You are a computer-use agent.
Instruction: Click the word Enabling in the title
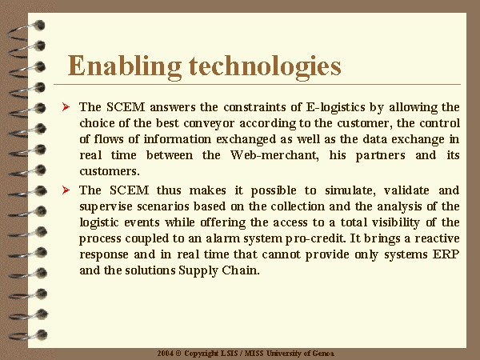pos(124,66)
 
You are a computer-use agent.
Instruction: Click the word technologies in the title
pos(265,66)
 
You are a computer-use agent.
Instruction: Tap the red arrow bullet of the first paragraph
pos(66,107)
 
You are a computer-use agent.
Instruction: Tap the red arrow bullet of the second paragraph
pos(66,190)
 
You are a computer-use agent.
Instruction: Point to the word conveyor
pos(209,123)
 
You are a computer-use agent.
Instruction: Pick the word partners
pos(380,155)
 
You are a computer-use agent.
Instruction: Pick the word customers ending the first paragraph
pos(110,171)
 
